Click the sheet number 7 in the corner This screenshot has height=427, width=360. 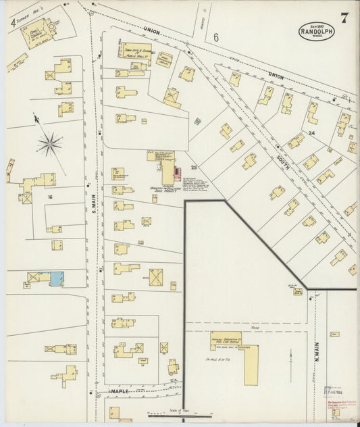[344, 18]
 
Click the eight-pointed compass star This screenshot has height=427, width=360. [50, 142]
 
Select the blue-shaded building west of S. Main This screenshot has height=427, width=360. [56, 277]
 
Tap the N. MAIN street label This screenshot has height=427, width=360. [315, 353]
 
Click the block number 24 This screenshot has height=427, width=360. [312, 133]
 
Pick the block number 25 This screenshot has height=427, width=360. [193, 166]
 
